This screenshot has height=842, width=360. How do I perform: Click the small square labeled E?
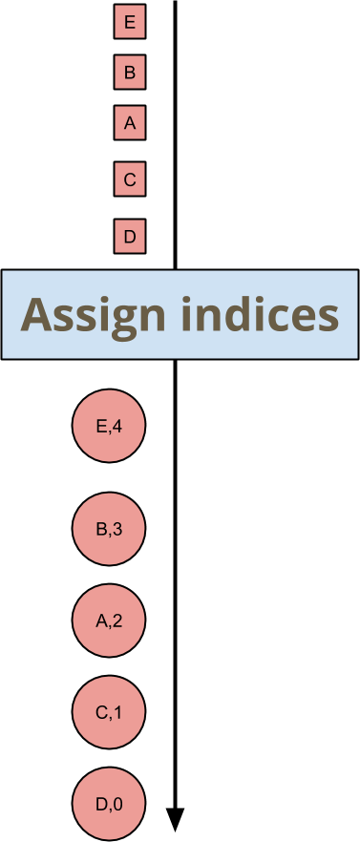click(x=130, y=22)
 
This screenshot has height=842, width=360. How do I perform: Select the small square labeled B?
click(x=130, y=73)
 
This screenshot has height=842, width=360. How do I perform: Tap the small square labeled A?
click(x=130, y=123)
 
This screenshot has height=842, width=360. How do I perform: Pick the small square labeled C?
click(x=130, y=179)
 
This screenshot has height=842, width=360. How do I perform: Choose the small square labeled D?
click(x=130, y=236)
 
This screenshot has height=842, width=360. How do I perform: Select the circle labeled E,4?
click(x=109, y=426)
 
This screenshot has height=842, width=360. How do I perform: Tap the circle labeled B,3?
click(x=109, y=529)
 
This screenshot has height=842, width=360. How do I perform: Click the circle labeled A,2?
click(x=109, y=621)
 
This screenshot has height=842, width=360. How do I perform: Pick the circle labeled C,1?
click(x=109, y=712)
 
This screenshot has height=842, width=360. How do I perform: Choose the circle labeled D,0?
click(x=109, y=804)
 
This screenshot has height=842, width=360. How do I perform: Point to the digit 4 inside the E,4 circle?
click(x=117, y=426)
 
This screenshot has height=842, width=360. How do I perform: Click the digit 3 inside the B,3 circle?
click(x=117, y=529)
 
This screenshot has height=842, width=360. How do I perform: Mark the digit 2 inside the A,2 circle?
click(x=117, y=621)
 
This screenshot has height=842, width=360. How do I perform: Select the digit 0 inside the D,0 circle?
click(x=117, y=804)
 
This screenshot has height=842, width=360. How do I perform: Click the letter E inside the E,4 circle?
click(x=101, y=426)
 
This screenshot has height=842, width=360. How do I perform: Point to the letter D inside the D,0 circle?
click(x=100, y=804)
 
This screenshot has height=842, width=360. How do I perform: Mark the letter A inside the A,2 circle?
click(x=101, y=621)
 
